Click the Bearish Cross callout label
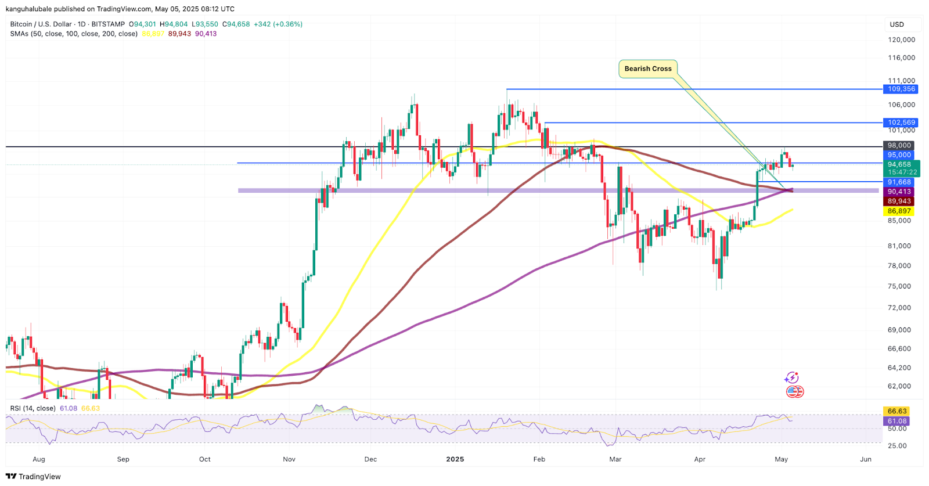[x=647, y=69]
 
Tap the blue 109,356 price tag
[x=901, y=89]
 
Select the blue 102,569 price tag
[x=901, y=123]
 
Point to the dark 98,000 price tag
[x=899, y=145]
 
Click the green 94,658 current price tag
[x=901, y=165]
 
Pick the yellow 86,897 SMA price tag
[x=899, y=211]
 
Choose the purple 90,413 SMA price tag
[x=899, y=192]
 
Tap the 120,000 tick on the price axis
[x=901, y=39]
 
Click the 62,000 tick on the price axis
[x=899, y=386]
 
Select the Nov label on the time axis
[x=289, y=459]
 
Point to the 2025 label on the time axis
[x=455, y=459]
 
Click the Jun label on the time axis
[x=866, y=459]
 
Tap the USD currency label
[x=897, y=24]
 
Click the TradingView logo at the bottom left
[x=33, y=477]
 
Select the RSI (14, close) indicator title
[x=33, y=408]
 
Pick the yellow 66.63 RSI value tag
[x=897, y=411]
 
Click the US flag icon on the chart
[x=794, y=392]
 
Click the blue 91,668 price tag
[x=899, y=182]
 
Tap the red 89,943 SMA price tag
[x=899, y=201]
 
